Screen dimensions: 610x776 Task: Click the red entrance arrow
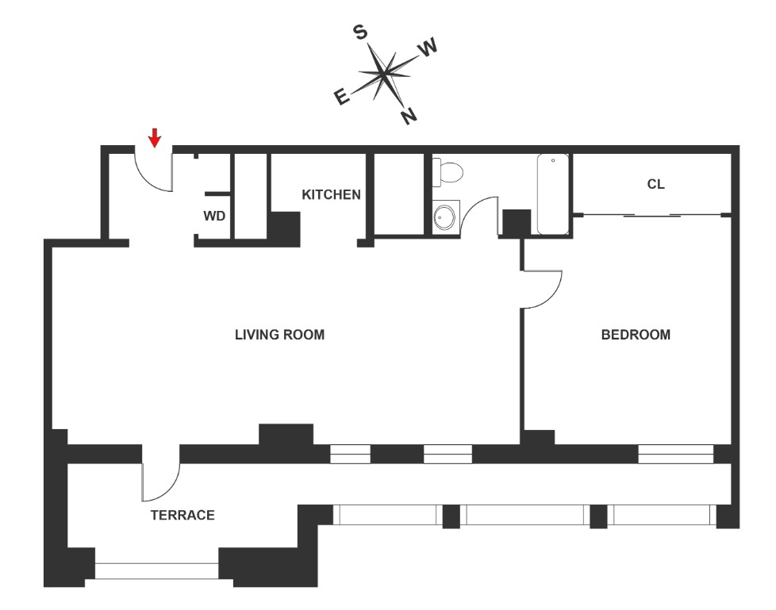point(155,138)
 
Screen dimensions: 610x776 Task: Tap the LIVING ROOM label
point(279,335)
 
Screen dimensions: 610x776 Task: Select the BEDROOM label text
point(636,335)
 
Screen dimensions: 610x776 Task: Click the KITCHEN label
point(332,194)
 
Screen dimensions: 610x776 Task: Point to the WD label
point(213,216)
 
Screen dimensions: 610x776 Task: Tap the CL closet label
point(655,185)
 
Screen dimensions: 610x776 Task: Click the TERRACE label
point(182,516)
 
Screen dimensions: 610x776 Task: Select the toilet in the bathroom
point(448,173)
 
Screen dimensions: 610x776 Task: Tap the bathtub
point(553,194)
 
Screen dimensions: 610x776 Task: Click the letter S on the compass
point(360,32)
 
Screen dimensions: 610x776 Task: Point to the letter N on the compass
point(409,117)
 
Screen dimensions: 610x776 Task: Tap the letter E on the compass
point(341,98)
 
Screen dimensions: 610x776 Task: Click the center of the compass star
point(385,74)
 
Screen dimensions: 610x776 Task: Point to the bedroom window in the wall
point(675,455)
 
